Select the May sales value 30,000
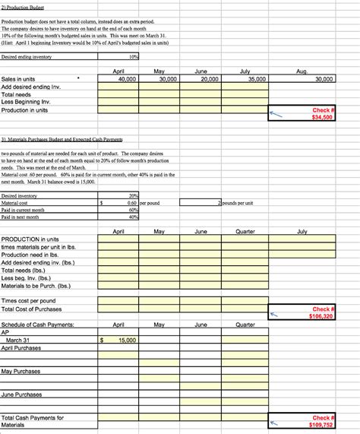[x=166, y=78]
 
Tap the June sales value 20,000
[x=208, y=78]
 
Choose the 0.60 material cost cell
[x=131, y=203]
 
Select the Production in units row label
[x=24, y=110]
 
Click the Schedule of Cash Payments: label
[x=38, y=325]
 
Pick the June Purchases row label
[x=21, y=394]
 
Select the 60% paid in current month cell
[x=133, y=211]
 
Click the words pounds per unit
[x=237, y=203]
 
